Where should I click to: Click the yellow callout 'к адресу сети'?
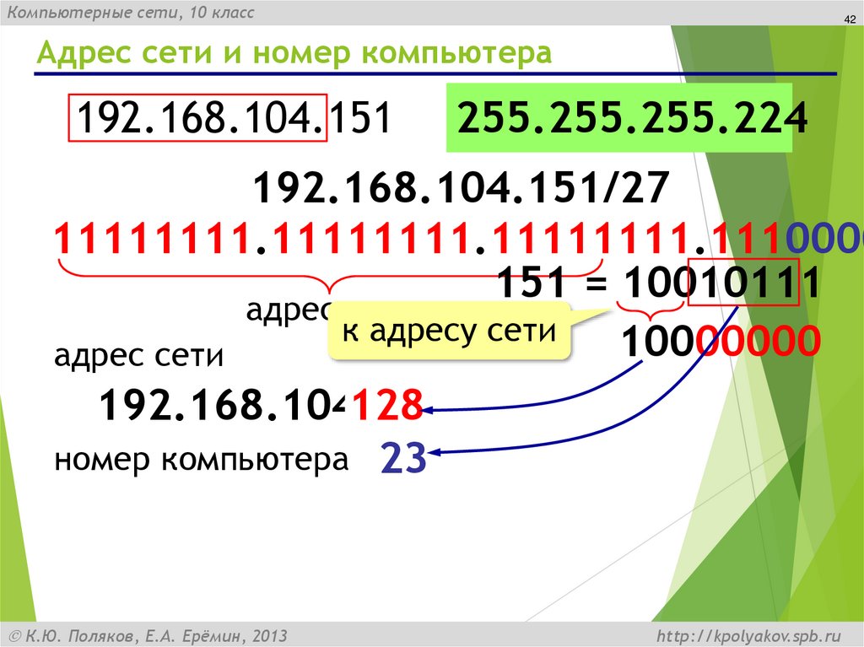click(450, 332)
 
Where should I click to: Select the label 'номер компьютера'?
click(201, 461)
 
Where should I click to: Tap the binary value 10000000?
click(720, 343)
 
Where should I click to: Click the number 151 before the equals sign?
click(531, 283)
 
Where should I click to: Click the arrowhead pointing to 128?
click(428, 410)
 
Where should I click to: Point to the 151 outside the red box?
click(358, 119)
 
